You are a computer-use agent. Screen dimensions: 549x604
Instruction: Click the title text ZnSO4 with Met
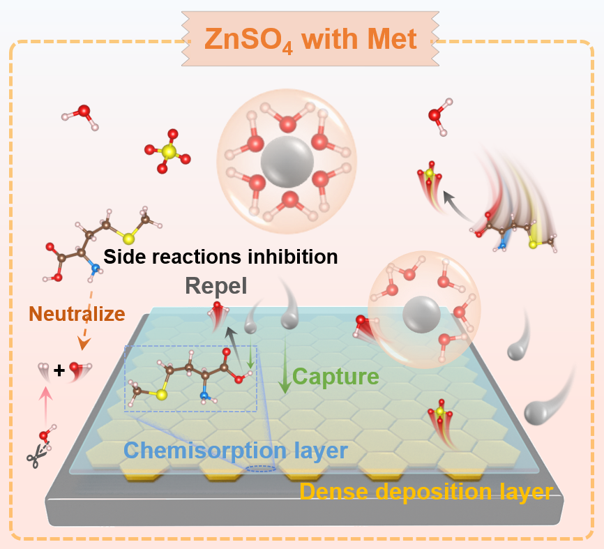[x=310, y=39]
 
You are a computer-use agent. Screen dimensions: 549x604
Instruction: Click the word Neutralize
[x=77, y=314]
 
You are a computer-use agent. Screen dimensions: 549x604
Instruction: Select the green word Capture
[x=335, y=377]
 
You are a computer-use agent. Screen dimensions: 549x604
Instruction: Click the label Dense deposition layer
[x=425, y=492]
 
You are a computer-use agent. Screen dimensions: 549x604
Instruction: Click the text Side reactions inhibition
[x=220, y=256]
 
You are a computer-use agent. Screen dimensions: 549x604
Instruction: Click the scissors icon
[x=34, y=458]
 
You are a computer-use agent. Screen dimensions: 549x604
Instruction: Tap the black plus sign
[x=59, y=371]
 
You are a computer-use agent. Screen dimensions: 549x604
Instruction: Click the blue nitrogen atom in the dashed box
[x=204, y=396]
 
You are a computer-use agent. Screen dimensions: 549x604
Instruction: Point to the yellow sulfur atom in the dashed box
[x=161, y=395]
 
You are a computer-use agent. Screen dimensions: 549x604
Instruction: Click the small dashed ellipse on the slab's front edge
[x=259, y=469]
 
